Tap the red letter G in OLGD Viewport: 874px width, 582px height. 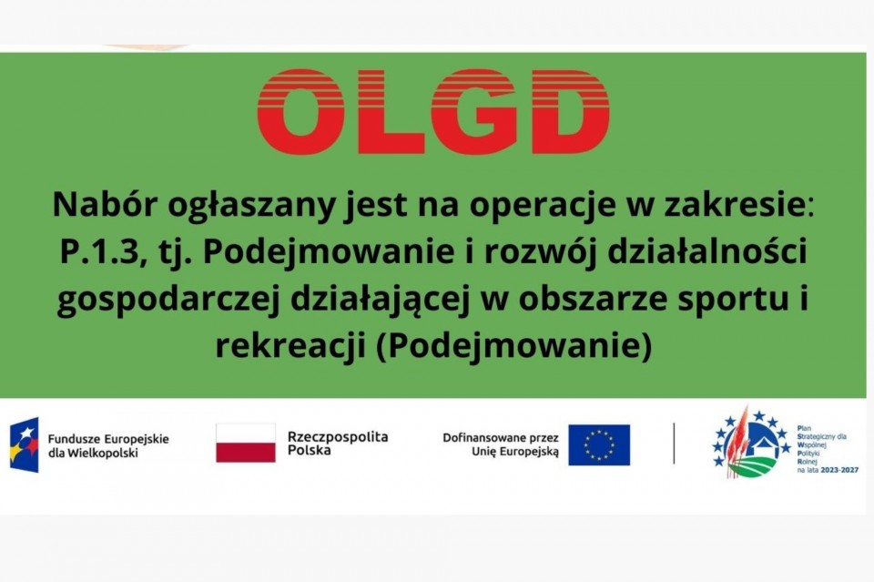pos(473,111)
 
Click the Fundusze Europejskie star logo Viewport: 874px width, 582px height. pos(24,444)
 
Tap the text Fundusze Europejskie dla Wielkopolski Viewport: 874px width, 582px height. pos(108,446)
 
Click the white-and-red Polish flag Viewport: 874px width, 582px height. pos(246,443)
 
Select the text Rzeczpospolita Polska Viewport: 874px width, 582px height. pos(338,444)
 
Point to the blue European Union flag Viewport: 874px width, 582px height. pos(599,444)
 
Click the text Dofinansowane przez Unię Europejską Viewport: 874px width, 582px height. pos(501,444)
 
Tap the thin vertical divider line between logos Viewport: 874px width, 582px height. pos(674,444)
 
